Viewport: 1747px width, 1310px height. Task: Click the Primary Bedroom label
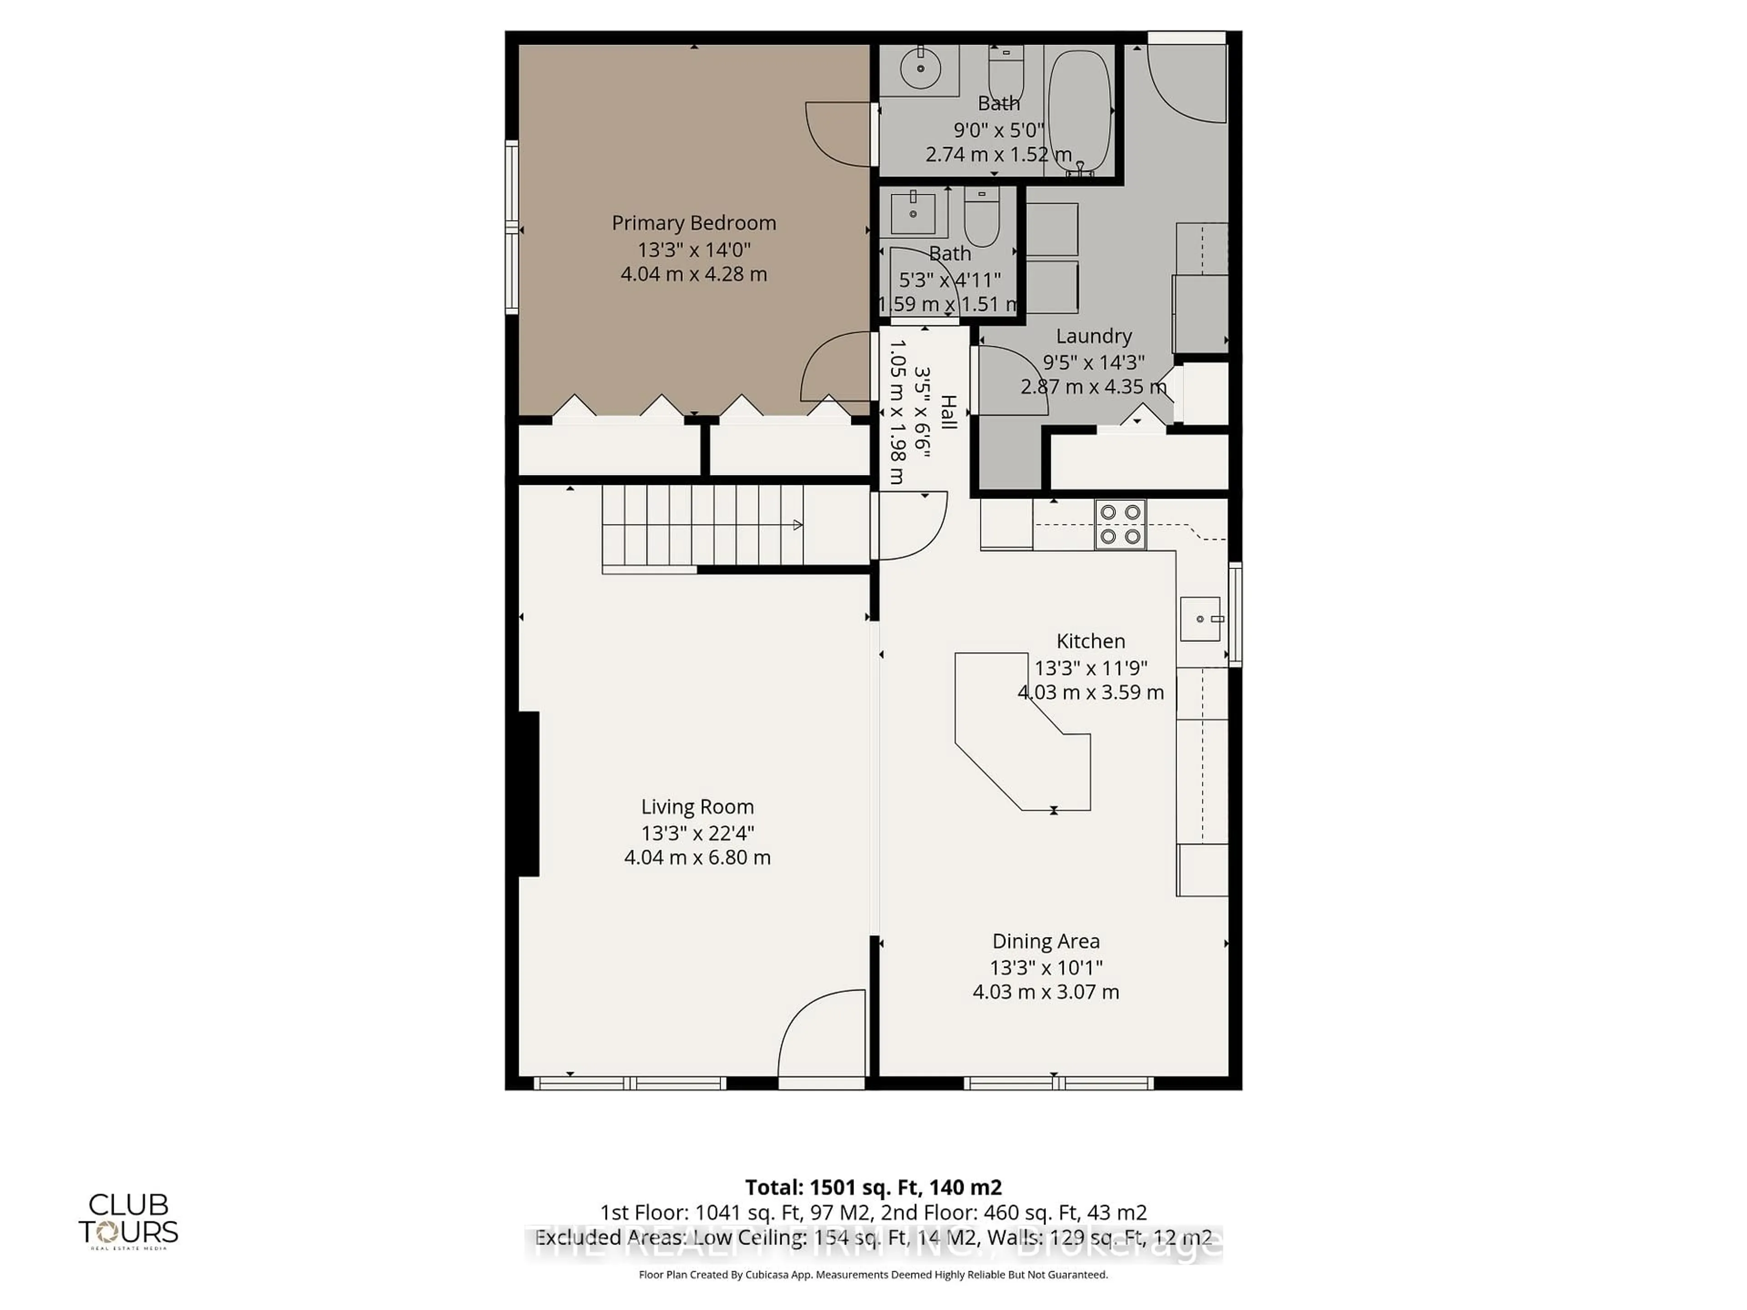(693, 223)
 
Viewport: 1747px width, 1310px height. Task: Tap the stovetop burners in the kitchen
(1120, 524)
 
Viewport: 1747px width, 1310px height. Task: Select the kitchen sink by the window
(1200, 618)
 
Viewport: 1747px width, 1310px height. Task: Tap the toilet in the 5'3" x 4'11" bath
(982, 217)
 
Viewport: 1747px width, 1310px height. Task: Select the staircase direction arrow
(798, 525)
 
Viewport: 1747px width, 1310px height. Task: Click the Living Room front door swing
(821, 1034)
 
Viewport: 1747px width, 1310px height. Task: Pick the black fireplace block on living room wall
(528, 794)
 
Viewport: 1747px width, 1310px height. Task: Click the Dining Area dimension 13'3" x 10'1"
(1045, 967)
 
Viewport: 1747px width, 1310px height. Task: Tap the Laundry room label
(1093, 337)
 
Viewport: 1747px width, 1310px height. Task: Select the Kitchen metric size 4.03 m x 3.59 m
(1090, 692)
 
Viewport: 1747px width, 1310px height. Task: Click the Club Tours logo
(128, 1220)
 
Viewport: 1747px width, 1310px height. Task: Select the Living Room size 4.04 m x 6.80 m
(697, 857)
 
